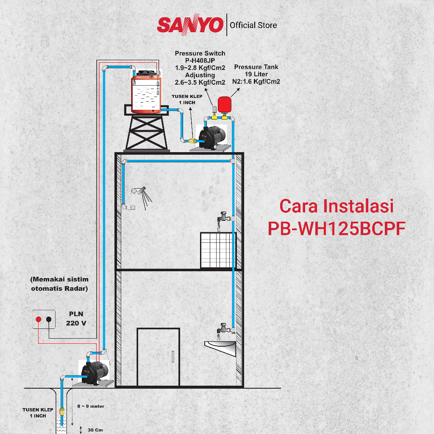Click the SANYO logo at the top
click(190, 25)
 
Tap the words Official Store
click(253, 25)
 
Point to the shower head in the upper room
click(139, 191)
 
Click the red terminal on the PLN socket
click(39, 319)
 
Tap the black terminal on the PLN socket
click(49, 319)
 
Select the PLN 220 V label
click(76, 318)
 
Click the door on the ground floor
click(158, 356)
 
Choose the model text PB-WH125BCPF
click(337, 229)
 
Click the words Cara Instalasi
click(337, 206)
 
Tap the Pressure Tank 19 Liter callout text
click(256, 74)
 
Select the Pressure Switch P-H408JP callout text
click(200, 67)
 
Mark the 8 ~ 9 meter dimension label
click(91, 406)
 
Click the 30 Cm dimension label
click(95, 430)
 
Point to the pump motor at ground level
click(96, 372)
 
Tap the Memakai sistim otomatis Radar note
click(60, 284)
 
